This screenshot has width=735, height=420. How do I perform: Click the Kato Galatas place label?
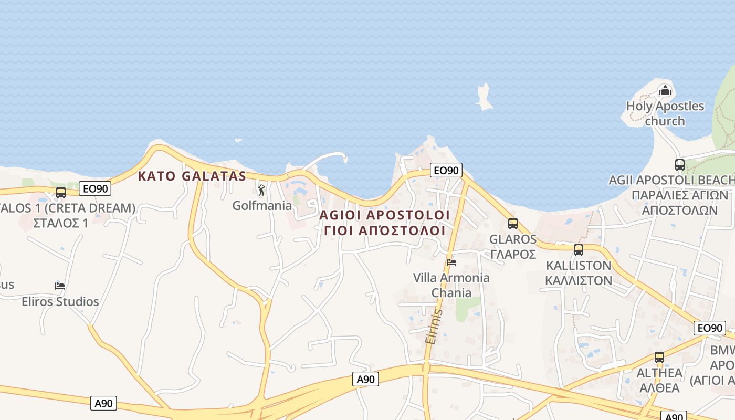pyautogui.click(x=192, y=176)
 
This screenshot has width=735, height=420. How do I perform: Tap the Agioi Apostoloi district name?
pyautogui.click(x=384, y=215)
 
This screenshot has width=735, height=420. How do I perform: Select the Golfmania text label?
pyautogui.click(x=261, y=205)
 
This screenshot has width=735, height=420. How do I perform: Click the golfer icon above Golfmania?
pyautogui.click(x=261, y=190)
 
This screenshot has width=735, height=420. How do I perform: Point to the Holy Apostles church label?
pyautogui.click(x=665, y=113)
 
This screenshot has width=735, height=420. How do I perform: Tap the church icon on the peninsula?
pyautogui.click(x=665, y=90)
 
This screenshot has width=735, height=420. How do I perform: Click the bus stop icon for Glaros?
pyautogui.click(x=513, y=224)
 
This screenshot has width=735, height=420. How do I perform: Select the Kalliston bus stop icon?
pyautogui.click(x=579, y=250)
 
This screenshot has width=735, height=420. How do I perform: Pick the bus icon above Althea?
pyautogui.click(x=659, y=358)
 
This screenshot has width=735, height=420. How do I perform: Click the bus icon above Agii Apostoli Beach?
pyautogui.click(x=680, y=165)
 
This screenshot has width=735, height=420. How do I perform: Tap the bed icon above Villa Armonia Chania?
pyautogui.click(x=451, y=262)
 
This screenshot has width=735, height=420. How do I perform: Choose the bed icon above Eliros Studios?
pyautogui.click(x=60, y=286)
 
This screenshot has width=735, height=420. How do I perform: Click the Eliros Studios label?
pyautogui.click(x=60, y=301)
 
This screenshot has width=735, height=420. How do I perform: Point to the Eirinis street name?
pyautogui.click(x=434, y=326)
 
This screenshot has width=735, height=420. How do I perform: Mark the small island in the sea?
pyautogui.click(x=485, y=98)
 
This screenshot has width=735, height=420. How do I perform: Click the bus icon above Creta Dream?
pyautogui.click(x=61, y=192)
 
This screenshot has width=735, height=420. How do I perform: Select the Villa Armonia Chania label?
pyautogui.click(x=451, y=285)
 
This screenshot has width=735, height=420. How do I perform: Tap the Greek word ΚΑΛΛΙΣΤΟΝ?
pyautogui.click(x=579, y=280)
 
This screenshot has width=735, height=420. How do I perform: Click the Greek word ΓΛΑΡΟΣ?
pyautogui.click(x=513, y=254)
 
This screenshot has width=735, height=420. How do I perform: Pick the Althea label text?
pyautogui.click(x=659, y=373)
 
